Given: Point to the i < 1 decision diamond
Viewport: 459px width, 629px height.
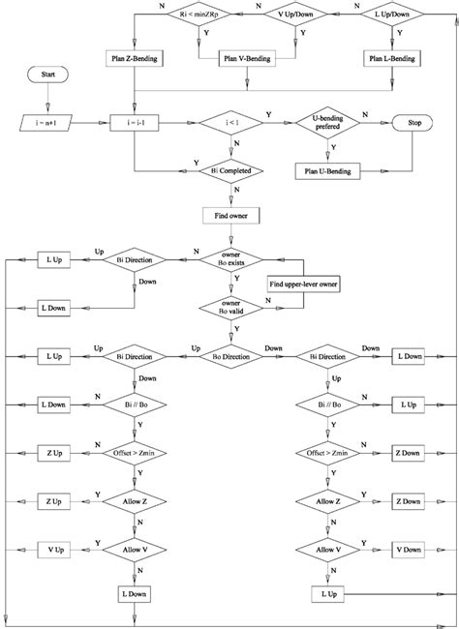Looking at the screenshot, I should click(231, 124).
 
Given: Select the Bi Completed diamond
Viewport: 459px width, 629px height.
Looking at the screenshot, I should click(231, 171).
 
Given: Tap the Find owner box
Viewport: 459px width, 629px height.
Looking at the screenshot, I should click(231, 216).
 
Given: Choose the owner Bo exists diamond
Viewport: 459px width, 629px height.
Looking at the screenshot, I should click(231, 259).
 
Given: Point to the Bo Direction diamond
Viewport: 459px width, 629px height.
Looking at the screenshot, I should click(231, 355).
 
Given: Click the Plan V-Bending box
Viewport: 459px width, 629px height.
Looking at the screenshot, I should click(231, 58).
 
